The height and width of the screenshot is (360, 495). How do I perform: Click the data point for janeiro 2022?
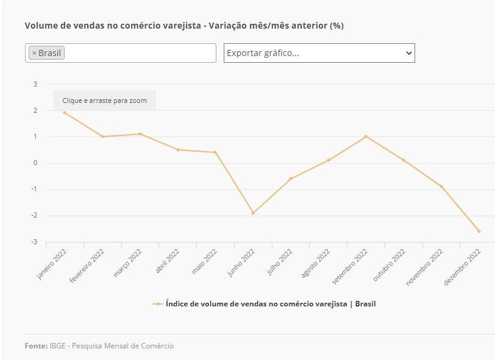(x=64, y=112)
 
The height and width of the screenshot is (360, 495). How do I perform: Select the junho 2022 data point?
(x=253, y=213)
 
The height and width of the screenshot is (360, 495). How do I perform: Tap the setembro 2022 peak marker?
(x=366, y=136)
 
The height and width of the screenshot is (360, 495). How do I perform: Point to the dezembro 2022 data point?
(x=479, y=231)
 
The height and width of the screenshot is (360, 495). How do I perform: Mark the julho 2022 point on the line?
(x=291, y=178)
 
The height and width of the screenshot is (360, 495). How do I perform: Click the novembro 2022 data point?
(x=441, y=186)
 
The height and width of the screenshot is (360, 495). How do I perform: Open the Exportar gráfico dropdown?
(x=319, y=53)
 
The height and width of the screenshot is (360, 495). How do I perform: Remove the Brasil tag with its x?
(x=34, y=53)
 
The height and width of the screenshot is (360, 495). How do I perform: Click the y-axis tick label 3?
(x=35, y=84)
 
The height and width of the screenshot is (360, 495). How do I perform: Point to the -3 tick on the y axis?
(x=34, y=242)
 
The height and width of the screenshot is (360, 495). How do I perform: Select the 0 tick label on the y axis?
(x=35, y=163)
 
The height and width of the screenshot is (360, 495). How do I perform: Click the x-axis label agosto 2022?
(x=316, y=263)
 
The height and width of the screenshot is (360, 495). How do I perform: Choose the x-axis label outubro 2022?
(x=390, y=263)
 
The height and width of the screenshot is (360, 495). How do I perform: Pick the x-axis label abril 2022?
(x=167, y=261)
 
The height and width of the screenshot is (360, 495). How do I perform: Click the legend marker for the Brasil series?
(x=158, y=303)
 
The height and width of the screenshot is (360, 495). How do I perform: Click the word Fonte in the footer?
(x=36, y=346)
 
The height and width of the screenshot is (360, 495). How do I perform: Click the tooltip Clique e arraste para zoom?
(x=105, y=101)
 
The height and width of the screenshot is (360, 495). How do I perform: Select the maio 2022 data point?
(x=215, y=152)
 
